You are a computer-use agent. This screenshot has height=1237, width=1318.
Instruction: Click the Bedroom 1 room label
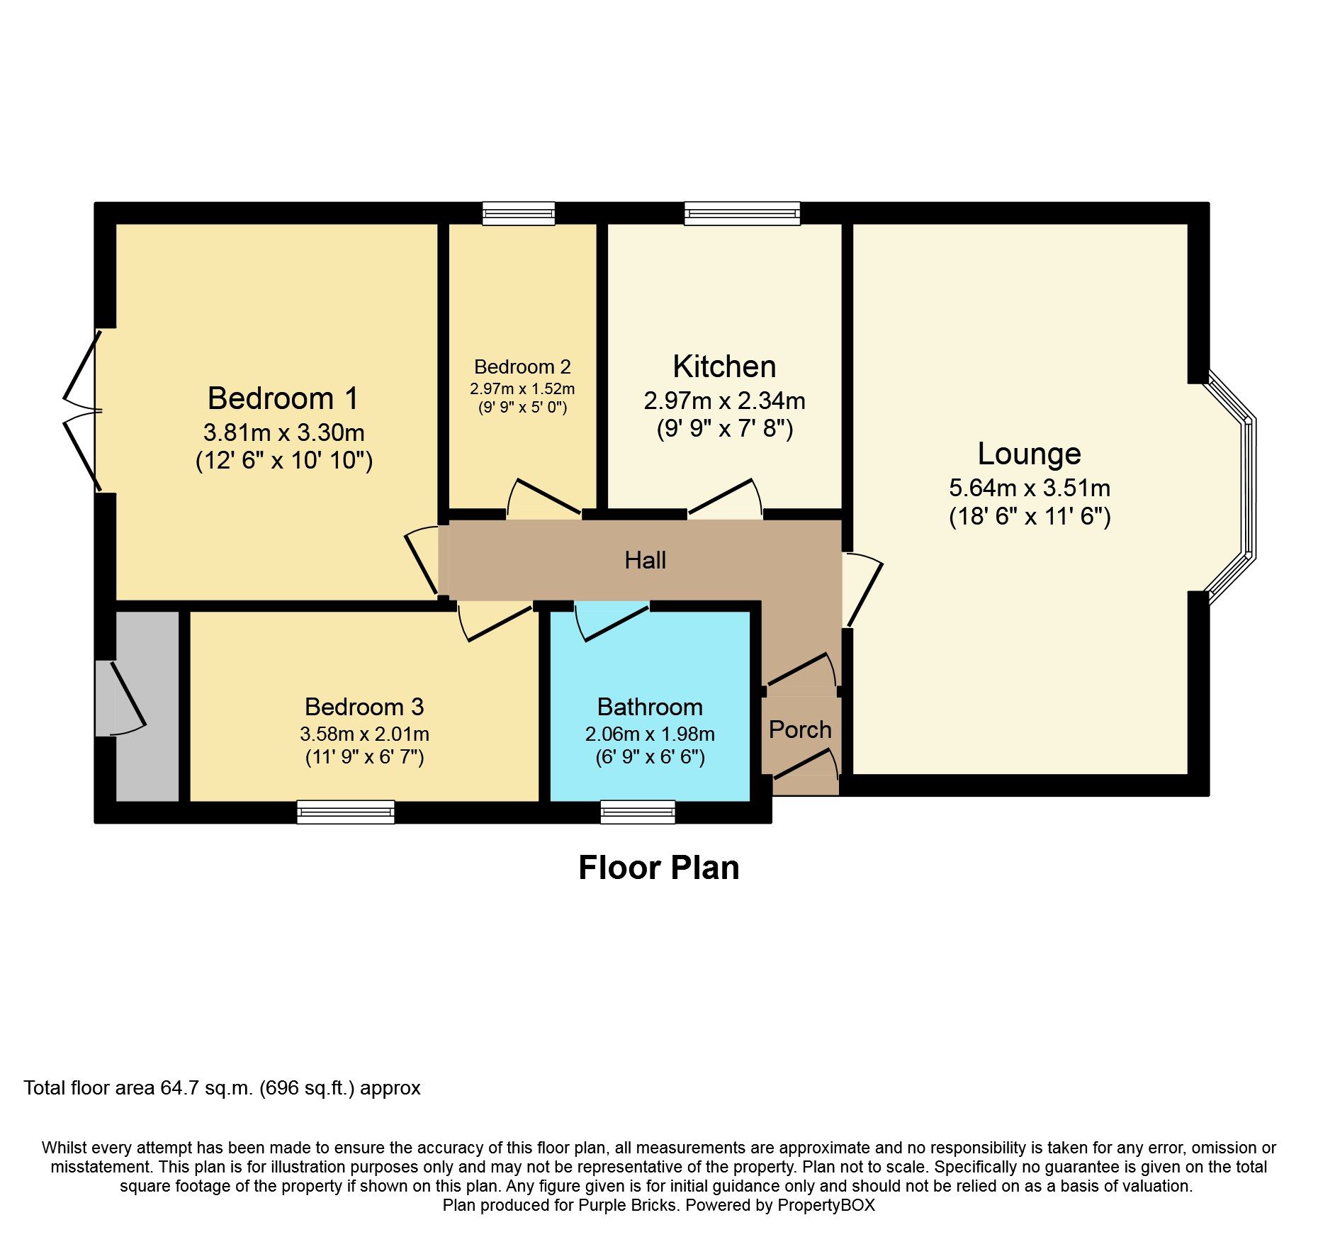[x=283, y=398]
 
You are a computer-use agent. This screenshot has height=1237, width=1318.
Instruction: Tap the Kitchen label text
[x=724, y=366]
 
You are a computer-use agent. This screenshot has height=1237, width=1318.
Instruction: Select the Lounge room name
[x=1029, y=454]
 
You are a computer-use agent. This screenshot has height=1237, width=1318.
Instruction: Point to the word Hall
[x=645, y=561]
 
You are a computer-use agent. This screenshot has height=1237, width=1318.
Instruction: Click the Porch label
[x=800, y=729]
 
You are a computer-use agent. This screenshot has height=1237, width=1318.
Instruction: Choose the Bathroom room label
[x=650, y=707]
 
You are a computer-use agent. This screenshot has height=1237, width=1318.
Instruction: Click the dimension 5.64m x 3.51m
[x=1029, y=488]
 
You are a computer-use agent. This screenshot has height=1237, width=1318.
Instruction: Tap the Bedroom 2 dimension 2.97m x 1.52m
[x=522, y=389]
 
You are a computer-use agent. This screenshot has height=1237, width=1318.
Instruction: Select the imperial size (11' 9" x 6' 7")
[x=364, y=757]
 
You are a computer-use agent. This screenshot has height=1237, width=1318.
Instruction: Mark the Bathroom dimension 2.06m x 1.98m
[x=650, y=734]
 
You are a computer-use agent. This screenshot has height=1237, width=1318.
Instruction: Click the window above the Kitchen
[x=742, y=213]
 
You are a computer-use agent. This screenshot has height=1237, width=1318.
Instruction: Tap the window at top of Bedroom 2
[x=518, y=213]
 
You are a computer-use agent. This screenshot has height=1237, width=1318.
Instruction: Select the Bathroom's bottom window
[x=638, y=812]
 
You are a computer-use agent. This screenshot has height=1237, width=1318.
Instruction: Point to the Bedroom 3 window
[x=346, y=812]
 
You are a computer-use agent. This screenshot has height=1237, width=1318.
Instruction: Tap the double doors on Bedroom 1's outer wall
[x=81, y=410]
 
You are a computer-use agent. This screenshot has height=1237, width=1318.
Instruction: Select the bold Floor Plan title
[x=658, y=868]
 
